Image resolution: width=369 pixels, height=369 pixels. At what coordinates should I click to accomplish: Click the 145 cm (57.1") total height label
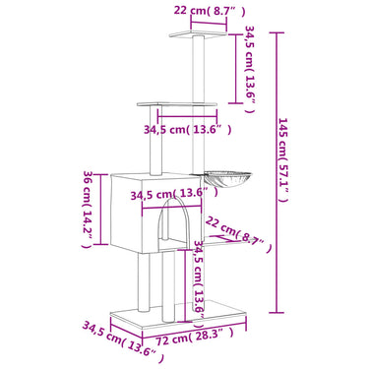(283, 159)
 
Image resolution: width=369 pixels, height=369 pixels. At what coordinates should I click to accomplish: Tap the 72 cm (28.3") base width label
(195, 340)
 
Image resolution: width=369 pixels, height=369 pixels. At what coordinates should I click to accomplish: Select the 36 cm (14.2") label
(88, 209)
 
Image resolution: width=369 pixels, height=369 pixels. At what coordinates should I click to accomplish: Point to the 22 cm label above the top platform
(210, 11)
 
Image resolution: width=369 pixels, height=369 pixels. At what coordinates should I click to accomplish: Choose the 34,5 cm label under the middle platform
(187, 129)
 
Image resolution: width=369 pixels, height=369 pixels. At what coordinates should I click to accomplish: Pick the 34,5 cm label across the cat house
(174, 194)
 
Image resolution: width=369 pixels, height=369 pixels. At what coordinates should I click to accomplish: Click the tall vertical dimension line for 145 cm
(277, 172)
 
